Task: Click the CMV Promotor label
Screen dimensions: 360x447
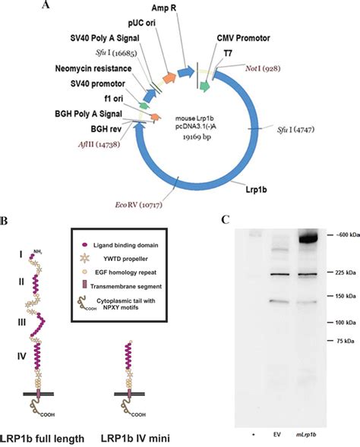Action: (x=243, y=38)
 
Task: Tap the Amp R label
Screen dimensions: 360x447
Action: (x=164, y=8)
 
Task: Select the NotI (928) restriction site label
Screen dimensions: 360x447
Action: (x=263, y=68)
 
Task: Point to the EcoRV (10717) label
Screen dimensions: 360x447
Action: (x=138, y=205)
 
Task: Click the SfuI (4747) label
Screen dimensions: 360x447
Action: (x=295, y=130)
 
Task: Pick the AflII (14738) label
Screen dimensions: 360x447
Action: (x=99, y=144)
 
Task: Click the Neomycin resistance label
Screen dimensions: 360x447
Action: (x=93, y=69)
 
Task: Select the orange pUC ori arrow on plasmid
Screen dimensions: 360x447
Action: (x=169, y=78)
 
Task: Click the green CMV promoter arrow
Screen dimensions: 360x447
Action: (x=205, y=86)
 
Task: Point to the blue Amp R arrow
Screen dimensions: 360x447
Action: (x=186, y=72)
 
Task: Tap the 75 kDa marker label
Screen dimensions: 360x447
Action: (x=345, y=341)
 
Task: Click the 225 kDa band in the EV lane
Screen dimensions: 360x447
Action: (x=279, y=274)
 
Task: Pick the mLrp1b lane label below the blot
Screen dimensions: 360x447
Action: (x=305, y=435)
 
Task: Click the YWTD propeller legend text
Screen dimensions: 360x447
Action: (x=125, y=259)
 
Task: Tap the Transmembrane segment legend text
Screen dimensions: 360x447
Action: (x=126, y=286)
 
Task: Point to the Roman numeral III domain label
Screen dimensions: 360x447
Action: (x=22, y=323)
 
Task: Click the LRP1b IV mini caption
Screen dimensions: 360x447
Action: (x=135, y=438)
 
